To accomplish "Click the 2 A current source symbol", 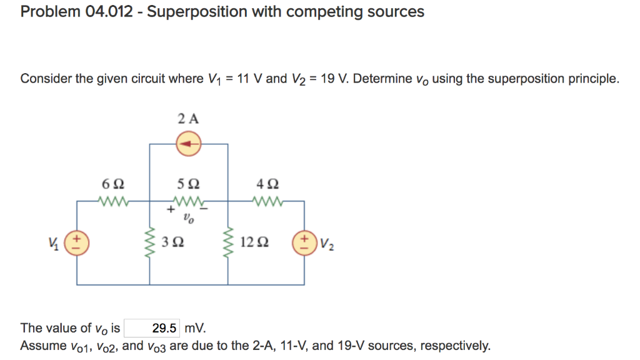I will coord(187,145).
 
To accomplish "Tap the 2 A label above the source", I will coord(187,119).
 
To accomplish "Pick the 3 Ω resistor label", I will coord(171,242).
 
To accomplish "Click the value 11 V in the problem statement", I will coord(251,79).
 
